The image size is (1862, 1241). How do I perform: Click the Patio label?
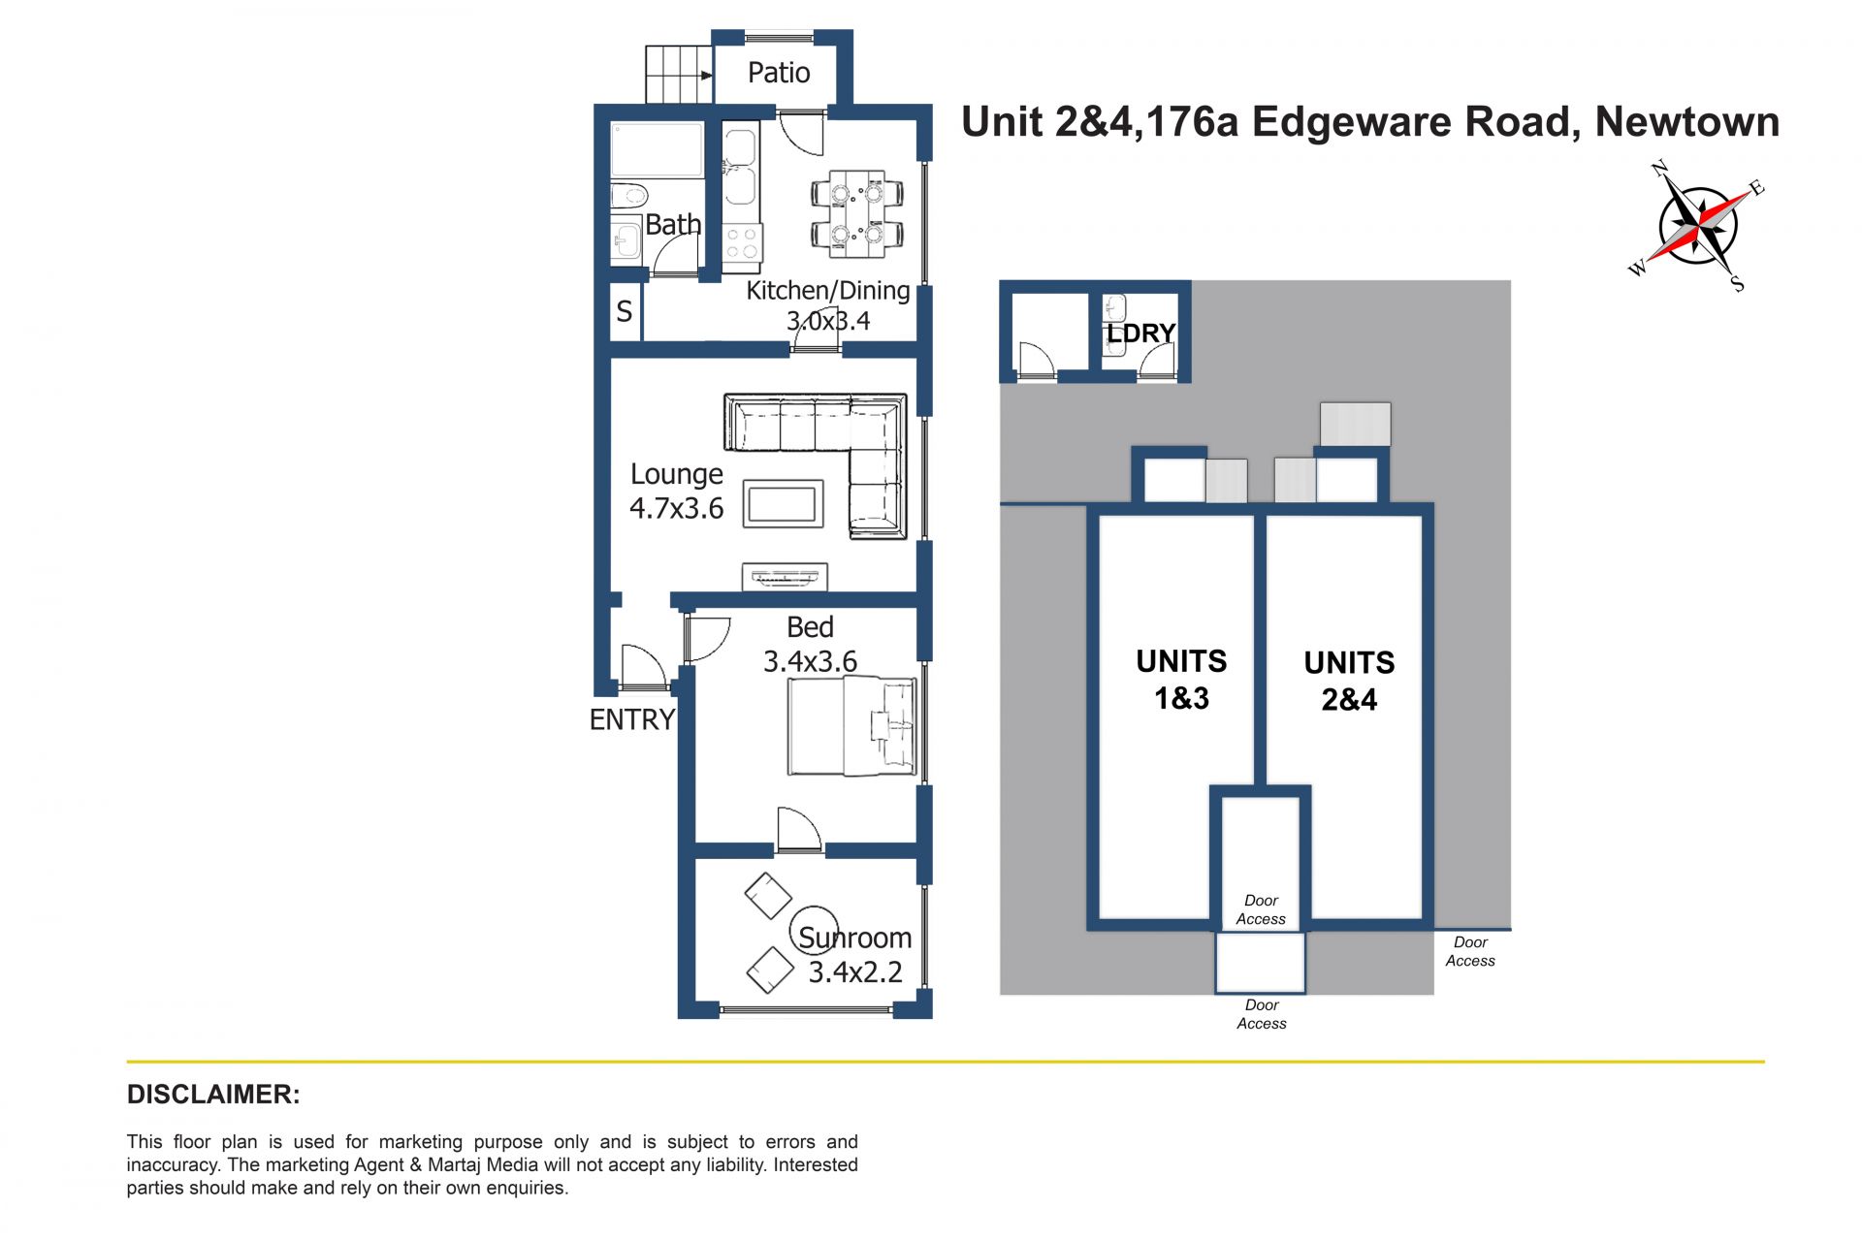pyautogui.click(x=779, y=73)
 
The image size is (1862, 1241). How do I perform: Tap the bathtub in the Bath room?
pyautogui.click(x=657, y=150)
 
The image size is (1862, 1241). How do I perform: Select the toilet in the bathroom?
pyautogui.click(x=628, y=196)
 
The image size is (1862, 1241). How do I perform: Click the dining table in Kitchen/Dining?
pyautogui.click(x=857, y=214)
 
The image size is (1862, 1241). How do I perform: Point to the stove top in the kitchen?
pyautogui.click(x=743, y=243)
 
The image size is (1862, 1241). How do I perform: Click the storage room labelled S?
pyautogui.click(x=625, y=311)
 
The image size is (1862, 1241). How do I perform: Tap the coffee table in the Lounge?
pyautogui.click(x=783, y=504)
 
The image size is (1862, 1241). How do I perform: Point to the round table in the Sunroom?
pyautogui.click(x=814, y=929)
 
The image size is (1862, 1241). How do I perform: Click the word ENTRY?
pyautogui.click(x=631, y=719)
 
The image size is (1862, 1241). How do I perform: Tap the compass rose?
pyautogui.click(x=1697, y=226)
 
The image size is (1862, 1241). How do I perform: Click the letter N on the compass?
pyautogui.click(x=1659, y=169)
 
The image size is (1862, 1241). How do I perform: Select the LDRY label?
pyautogui.click(x=1140, y=334)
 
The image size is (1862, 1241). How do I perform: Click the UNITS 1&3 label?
pyautogui.click(x=1181, y=680)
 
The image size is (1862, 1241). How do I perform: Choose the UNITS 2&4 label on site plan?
pyautogui.click(x=1349, y=681)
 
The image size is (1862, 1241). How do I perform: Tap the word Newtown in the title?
pyautogui.click(x=1687, y=122)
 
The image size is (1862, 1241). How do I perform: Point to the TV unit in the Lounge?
pyautogui.click(x=785, y=576)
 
